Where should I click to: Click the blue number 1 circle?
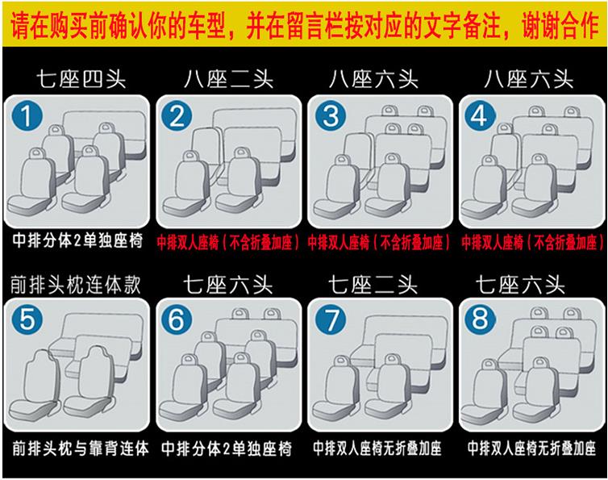[x=27, y=115]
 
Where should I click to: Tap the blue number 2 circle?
[x=177, y=115]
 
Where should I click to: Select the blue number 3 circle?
[x=331, y=115]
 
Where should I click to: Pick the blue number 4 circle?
[x=480, y=115]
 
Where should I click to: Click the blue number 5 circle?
[x=27, y=319]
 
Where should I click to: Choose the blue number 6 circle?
[x=177, y=319]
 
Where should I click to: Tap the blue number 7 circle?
[x=331, y=319]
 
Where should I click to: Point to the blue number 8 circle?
[x=480, y=319]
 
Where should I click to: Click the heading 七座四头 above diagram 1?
[x=81, y=79]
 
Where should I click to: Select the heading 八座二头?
[x=228, y=79]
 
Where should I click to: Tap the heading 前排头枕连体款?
[x=76, y=285]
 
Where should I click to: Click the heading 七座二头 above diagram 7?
[x=373, y=285]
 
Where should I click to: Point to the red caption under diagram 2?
[x=228, y=243]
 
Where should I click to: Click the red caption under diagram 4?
[x=533, y=243]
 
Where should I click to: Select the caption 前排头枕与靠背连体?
[x=81, y=449]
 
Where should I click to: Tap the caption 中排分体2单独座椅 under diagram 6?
[x=227, y=449]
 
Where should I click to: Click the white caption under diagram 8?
[x=531, y=449]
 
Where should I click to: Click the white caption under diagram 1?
[x=77, y=240]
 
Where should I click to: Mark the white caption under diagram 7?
[x=377, y=449]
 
